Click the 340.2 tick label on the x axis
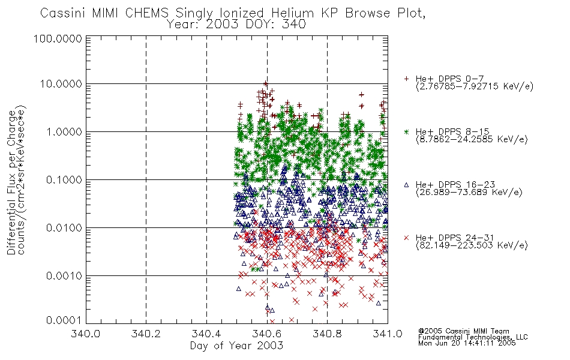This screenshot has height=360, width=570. pyautogui.click(x=146, y=334)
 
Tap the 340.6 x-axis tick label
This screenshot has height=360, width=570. pyautogui.click(x=267, y=334)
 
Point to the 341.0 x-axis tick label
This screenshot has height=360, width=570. pyautogui.click(x=388, y=334)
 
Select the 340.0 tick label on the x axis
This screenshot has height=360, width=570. pyautogui.click(x=86, y=334)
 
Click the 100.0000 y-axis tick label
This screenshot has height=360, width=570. pyautogui.click(x=58, y=38)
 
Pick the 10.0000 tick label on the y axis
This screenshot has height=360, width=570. pyautogui.click(x=61, y=84)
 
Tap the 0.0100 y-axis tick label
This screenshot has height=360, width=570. pyautogui.click(x=64, y=228)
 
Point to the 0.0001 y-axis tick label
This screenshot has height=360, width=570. pyautogui.click(x=64, y=320)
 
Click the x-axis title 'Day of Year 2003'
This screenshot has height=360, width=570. pyautogui.click(x=236, y=346)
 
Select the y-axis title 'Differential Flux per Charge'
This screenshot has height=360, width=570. pyautogui.click(x=11, y=182)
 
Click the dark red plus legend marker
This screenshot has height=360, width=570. pyautogui.click(x=406, y=79)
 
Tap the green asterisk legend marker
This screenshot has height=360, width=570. pyautogui.click(x=406, y=131)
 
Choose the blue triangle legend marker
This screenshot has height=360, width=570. pyautogui.click(x=406, y=185)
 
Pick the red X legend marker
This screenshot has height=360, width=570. pyautogui.click(x=406, y=238)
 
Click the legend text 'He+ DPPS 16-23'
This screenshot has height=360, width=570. pyautogui.click(x=455, y=185)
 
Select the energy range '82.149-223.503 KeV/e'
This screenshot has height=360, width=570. pyautogui.click(x=472, y=245)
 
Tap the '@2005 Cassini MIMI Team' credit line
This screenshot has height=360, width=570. pyautogui.click(x=463, y=331)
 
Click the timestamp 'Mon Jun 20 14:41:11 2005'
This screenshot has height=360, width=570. pyautogui.click(x=467, y=343)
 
